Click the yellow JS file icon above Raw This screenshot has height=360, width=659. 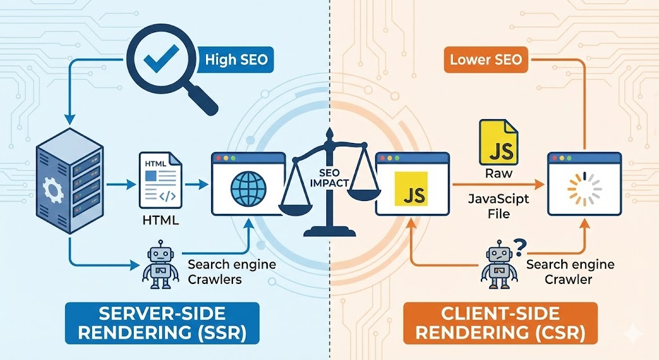(496, 143)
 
